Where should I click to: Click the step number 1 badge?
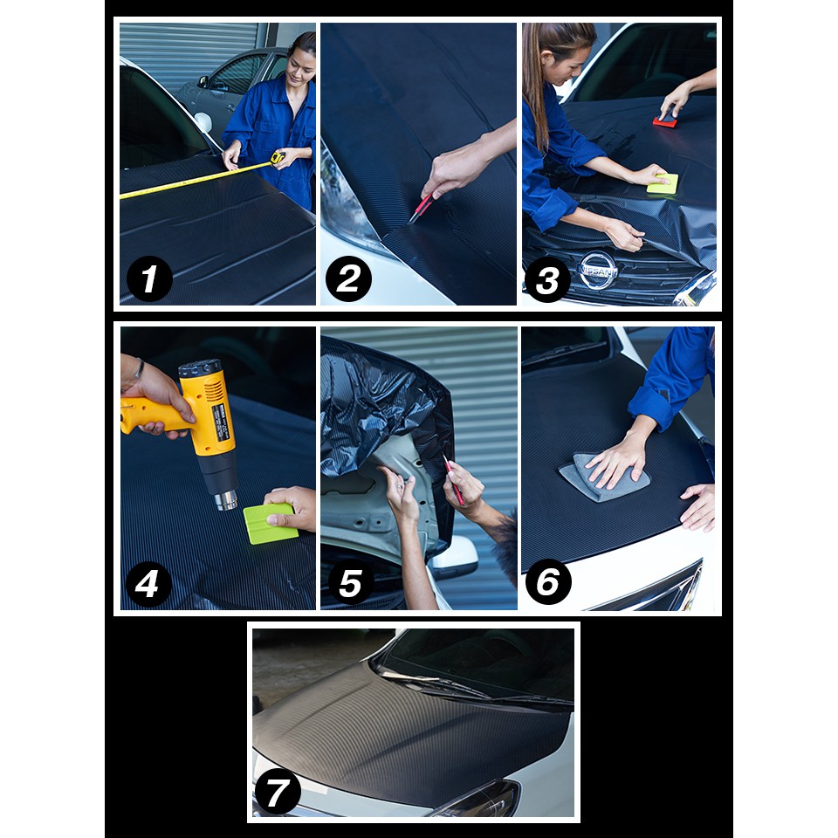149,280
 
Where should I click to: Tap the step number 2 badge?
348,280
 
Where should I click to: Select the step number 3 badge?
547,281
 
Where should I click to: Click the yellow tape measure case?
278,157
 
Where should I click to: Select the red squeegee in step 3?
665,121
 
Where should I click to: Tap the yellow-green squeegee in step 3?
663,183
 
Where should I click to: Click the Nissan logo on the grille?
599,271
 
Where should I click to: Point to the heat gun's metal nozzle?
226,499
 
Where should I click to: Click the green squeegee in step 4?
271,525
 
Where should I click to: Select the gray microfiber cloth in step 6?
594,477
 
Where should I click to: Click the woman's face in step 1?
299,61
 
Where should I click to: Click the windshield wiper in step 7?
436,686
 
